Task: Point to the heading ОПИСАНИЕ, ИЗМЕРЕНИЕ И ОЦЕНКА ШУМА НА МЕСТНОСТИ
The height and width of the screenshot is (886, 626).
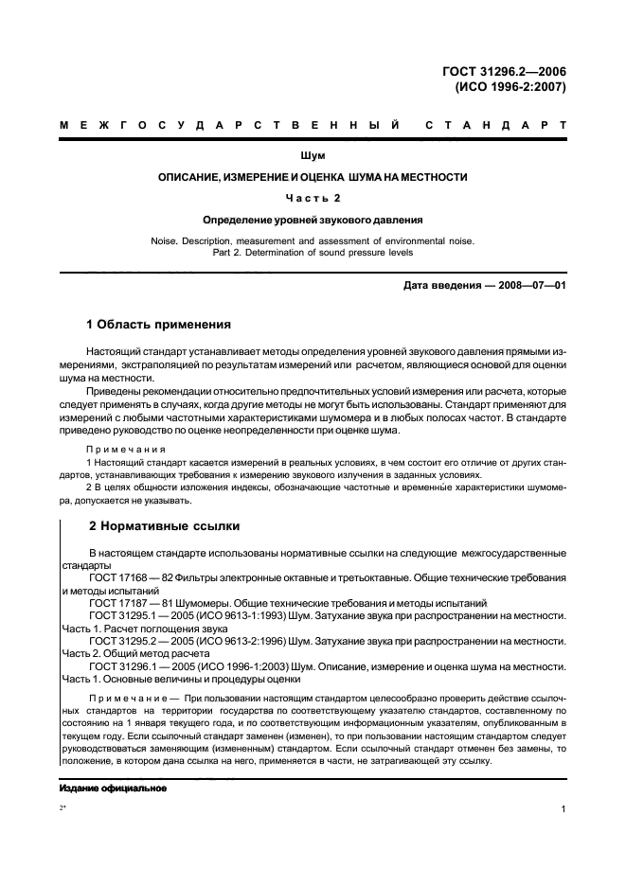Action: pos(313,177)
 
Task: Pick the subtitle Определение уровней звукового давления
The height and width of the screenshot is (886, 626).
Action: pos(313,219)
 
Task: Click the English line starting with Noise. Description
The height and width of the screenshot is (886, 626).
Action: pos(313,240)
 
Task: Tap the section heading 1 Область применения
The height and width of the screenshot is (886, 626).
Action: pos(158,324)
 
